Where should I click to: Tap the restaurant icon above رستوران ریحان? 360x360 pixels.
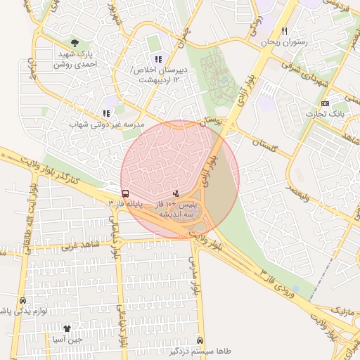click(x=284, y=31)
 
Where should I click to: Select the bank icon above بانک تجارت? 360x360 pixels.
click(x=324, y=103)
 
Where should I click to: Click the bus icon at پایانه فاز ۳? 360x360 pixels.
click(x=125, y=193)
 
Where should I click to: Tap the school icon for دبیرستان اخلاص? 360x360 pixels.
click(x=158, y=59)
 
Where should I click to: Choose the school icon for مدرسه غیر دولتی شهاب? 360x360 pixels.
click(x=106, y=112)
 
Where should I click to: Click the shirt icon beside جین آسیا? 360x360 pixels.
click(x=67, y=328)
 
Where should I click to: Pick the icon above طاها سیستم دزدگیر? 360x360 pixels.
click(x=201, y=338)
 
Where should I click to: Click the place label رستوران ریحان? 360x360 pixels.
click(x=285, y=43)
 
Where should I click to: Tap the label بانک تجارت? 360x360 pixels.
click(x=324, y=115)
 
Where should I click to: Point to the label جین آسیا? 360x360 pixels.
click(x=67, y=340)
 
